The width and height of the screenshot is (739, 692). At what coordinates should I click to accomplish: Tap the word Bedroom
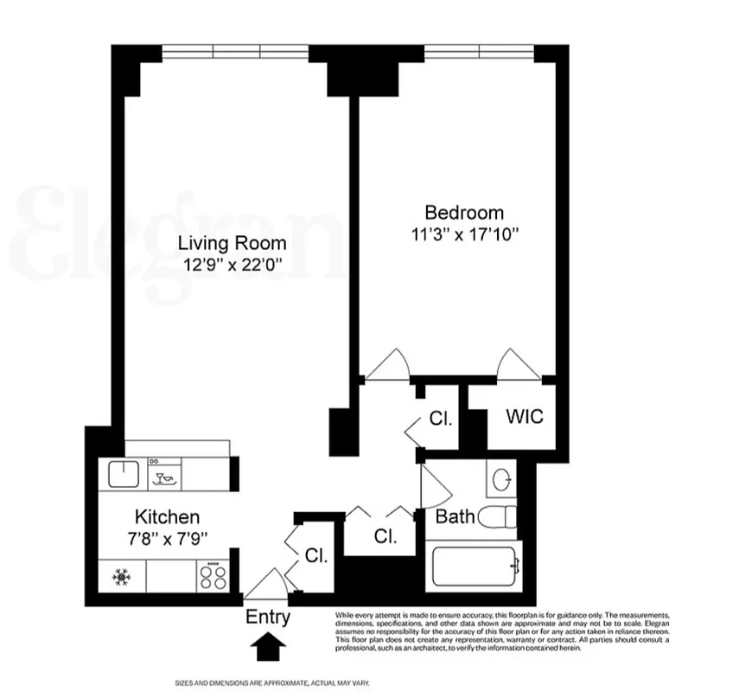coord(463,212)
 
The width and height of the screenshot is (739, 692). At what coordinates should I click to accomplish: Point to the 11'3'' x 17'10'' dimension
coord(467,234)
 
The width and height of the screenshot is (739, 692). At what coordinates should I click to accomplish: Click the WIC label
coord(524,417)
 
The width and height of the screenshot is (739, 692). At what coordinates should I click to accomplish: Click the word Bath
coord(455,517)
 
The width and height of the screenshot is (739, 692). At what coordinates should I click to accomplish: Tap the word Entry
coord(268,618)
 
